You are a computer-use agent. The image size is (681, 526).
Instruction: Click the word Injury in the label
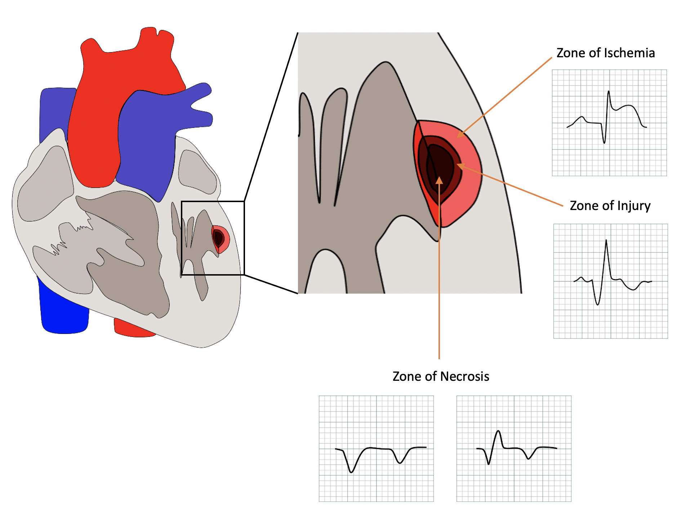634,206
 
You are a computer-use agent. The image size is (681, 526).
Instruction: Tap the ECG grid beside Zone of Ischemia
609,122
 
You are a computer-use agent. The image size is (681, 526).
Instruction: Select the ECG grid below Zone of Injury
610,281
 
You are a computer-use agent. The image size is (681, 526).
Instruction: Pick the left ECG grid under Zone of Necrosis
376,449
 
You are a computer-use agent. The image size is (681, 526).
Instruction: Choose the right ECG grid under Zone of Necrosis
514,449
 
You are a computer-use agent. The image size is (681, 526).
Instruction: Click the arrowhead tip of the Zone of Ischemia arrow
458,137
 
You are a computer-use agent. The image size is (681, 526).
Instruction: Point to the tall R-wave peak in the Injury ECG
606,240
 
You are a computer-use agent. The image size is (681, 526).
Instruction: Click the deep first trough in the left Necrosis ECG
351,472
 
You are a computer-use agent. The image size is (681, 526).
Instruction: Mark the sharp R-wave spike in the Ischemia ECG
609,92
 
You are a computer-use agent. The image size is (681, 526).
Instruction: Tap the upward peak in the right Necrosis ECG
498,431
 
